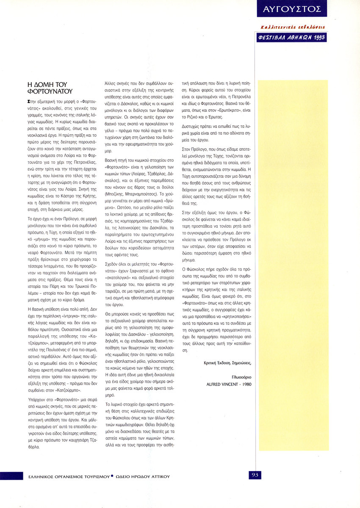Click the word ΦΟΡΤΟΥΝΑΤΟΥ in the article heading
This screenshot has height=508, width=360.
coord(50,91)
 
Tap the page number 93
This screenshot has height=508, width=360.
coord(255,475)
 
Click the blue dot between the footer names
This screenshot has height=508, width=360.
coord(112,476)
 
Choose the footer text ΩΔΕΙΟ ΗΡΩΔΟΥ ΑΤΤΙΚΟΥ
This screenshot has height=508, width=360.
coord(142,476)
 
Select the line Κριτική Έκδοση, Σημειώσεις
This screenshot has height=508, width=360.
coord(227,363)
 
